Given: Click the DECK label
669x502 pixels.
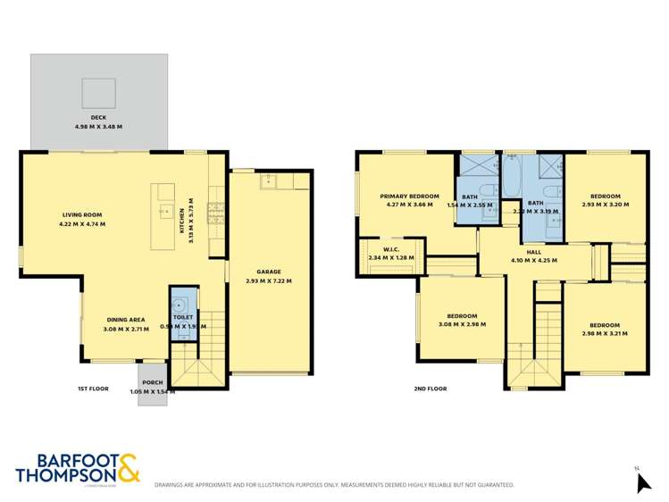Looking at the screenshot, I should click(98, 118).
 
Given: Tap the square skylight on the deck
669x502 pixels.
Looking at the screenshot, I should click(98, 91).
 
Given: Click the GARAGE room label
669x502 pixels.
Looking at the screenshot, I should click(269, 272).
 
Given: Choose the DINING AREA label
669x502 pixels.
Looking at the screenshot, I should click(126, 319).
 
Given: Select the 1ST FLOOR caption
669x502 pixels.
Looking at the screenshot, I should click(93, 389).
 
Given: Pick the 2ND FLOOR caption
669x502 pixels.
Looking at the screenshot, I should click(431, 389).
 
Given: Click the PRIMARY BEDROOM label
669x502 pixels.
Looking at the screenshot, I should click(409, 196).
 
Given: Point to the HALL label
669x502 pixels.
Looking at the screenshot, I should click(533, 252).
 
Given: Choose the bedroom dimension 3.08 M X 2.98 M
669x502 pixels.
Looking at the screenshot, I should click(461, 324).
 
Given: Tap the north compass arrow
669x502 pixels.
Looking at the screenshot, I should click(641, 482).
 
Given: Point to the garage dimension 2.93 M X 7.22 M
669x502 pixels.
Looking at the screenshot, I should click(269, 280).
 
